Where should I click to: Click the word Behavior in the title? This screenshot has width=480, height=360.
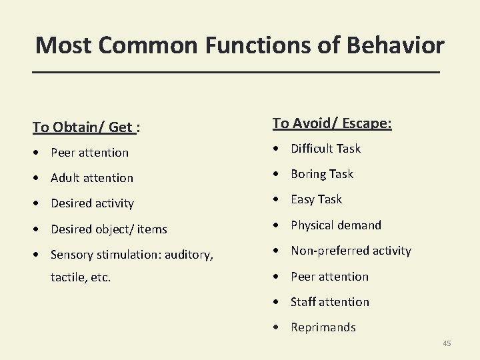point(398,45)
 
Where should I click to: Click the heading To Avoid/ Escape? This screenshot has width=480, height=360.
point(332,123)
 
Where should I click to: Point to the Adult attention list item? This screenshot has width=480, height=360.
point(92,178)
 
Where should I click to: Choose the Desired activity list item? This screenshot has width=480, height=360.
point(92,203)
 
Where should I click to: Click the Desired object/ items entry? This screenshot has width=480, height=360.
point(109,229)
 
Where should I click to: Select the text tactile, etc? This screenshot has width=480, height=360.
point(81,277)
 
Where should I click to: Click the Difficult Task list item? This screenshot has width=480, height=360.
point(325,149)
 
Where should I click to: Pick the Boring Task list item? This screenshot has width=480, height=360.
point(322,174)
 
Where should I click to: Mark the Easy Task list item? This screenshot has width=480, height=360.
point(316,199)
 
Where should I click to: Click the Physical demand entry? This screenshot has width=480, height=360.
point(336,225)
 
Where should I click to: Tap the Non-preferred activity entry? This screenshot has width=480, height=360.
point(351,251)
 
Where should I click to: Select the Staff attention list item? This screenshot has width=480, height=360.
point(329,302)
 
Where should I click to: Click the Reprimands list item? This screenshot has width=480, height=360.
point(323,327)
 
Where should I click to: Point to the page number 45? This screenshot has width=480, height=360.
point(447,343)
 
